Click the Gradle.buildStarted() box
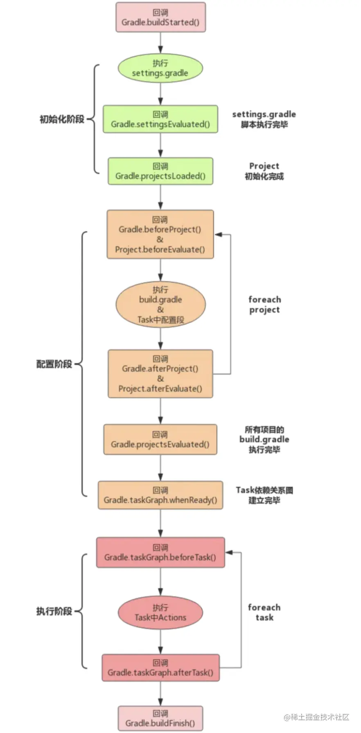pos(160,17)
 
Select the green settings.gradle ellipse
pos(160,68)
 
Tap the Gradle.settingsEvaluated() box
pos(160,119)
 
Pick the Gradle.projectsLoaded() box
pos(160,171)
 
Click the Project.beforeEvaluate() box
pos(160,234)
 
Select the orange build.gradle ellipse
pos(160,305)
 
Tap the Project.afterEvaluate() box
pos(160,374)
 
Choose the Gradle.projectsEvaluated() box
pos(160,439)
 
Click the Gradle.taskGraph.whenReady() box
pos(160,495)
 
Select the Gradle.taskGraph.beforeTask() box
pos(160,553)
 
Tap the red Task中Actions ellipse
pos(160,612)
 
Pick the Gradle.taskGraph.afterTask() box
pos(160,668)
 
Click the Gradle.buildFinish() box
pos(160,718)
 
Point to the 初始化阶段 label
pos(62,119)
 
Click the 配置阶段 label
pos(54,364)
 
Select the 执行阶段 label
pos(54,611)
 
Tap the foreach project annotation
pos(264,305)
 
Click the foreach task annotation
pos(264,612)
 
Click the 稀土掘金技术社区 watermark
pos(317,717)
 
